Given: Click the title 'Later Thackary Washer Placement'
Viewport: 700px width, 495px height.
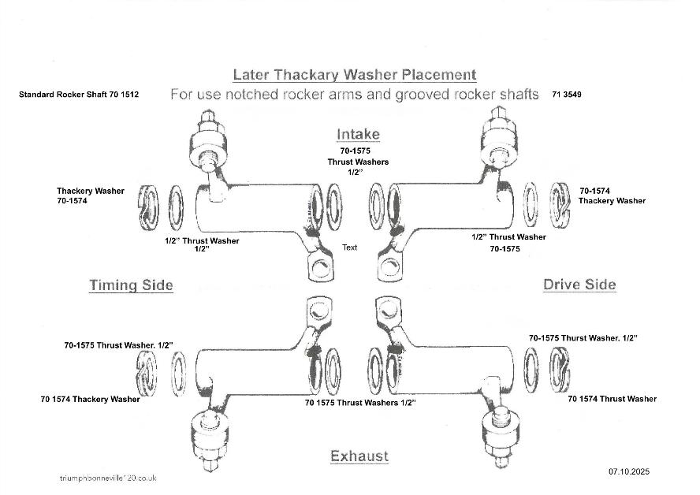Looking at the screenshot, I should [355, 75].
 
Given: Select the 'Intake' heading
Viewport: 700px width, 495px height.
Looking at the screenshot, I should [358, 134].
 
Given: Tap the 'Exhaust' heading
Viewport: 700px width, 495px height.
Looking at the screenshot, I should [359, 456].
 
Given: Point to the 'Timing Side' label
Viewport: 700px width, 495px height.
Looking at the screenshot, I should [131, 285].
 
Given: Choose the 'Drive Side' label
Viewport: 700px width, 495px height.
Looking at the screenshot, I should [579, 285].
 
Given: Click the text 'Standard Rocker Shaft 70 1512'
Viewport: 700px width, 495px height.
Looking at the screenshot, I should [79, 95].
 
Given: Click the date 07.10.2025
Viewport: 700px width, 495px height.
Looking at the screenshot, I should [628, 471].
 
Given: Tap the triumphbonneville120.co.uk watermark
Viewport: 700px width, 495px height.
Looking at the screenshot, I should [108, 478].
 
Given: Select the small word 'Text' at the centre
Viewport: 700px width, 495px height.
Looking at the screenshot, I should [349, 247].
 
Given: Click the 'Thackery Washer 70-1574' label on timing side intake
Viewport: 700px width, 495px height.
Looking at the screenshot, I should [90, 196].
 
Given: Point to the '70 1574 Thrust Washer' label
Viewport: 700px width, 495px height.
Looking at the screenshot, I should [612, 399].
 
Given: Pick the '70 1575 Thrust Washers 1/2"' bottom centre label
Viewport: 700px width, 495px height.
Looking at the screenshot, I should [360, 403].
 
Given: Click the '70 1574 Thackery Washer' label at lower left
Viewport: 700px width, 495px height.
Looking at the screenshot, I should [90, 399].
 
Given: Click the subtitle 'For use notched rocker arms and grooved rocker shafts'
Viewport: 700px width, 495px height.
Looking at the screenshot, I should [355, 95].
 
